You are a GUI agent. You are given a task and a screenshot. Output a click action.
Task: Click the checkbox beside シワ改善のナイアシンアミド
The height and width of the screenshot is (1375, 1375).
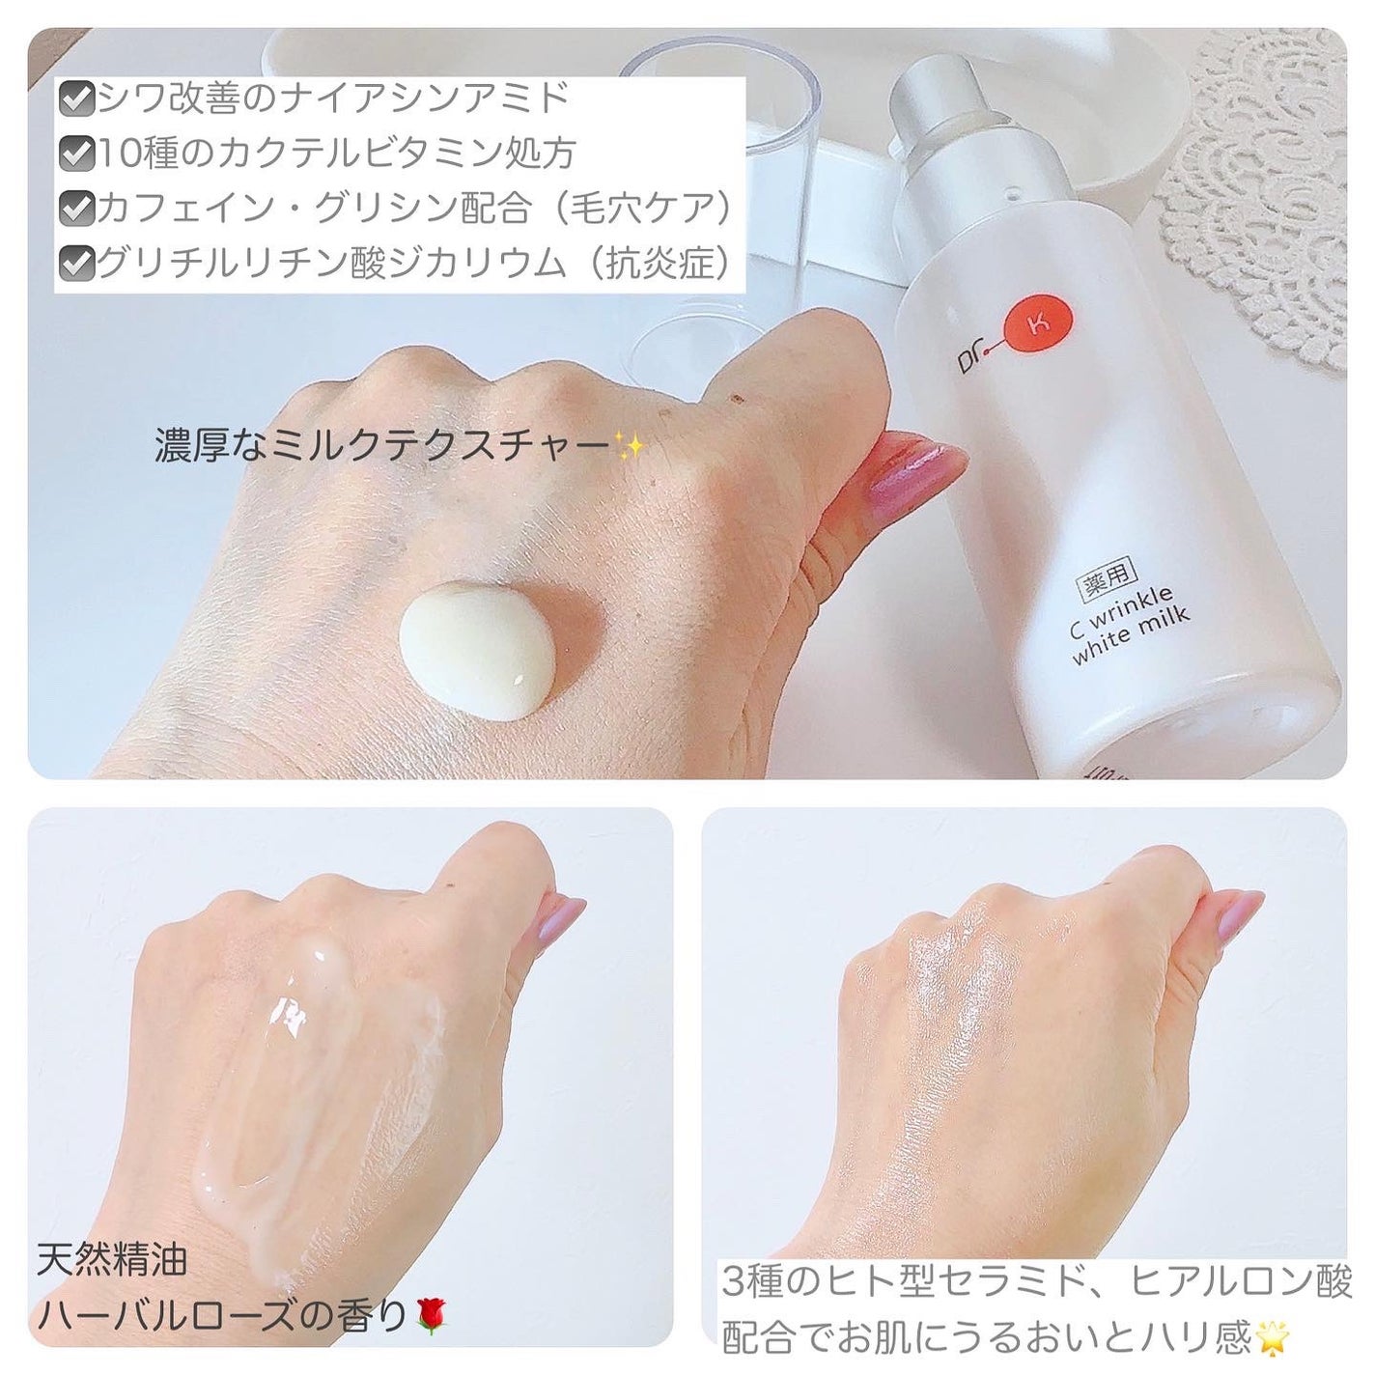(x=76, y=98)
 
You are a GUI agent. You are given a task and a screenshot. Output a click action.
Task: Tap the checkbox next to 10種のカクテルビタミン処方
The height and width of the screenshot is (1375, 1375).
(x=76, y=154)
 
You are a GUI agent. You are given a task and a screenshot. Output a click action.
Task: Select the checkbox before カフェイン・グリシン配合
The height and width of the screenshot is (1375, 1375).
(x=76, y=209)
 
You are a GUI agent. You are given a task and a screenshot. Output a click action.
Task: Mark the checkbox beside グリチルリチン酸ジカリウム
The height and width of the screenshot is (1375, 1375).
(x=76, y=264)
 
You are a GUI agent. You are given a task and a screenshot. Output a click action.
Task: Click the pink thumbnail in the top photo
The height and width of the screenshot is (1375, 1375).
(x=916, y=467)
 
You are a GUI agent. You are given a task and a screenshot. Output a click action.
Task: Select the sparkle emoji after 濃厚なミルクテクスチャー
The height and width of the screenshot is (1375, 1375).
(x=629, y=446)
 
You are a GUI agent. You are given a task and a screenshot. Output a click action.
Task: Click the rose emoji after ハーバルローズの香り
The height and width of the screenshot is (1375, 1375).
(x=432, y=1315)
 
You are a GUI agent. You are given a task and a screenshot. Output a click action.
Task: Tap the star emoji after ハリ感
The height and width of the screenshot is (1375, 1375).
(x=1270, y=1336)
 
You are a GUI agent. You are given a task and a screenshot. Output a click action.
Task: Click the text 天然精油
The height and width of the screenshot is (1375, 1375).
(x=112, y=1260)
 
